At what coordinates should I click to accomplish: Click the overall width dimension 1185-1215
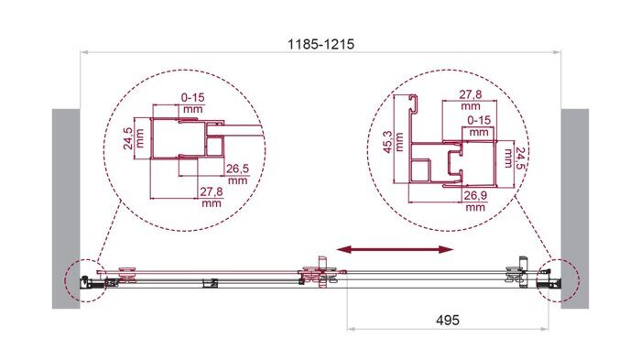pyautogui.click(x=320, y=43)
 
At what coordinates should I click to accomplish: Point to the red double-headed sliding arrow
pyautogui.click(x=396, y=249)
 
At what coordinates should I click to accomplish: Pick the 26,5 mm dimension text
pyautogui.click(x=238, y=174)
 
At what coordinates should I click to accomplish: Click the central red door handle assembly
pyautogui.click(x=320, y=274)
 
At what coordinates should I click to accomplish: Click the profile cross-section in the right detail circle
pyautogui.click(x=440, y=156)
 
